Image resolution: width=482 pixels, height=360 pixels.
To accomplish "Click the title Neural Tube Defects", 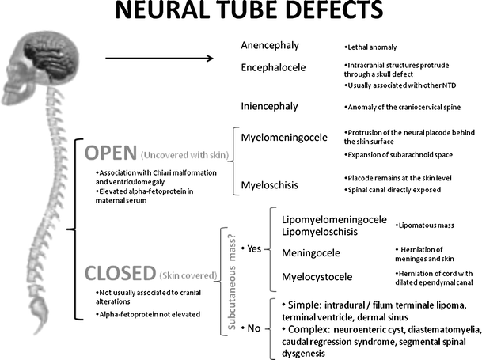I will point(241,14).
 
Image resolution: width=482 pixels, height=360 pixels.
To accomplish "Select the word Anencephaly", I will point(270,45).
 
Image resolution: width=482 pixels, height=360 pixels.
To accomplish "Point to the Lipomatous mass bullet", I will point(427,225).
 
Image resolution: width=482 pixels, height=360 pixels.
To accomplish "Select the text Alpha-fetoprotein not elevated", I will point(147,314).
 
